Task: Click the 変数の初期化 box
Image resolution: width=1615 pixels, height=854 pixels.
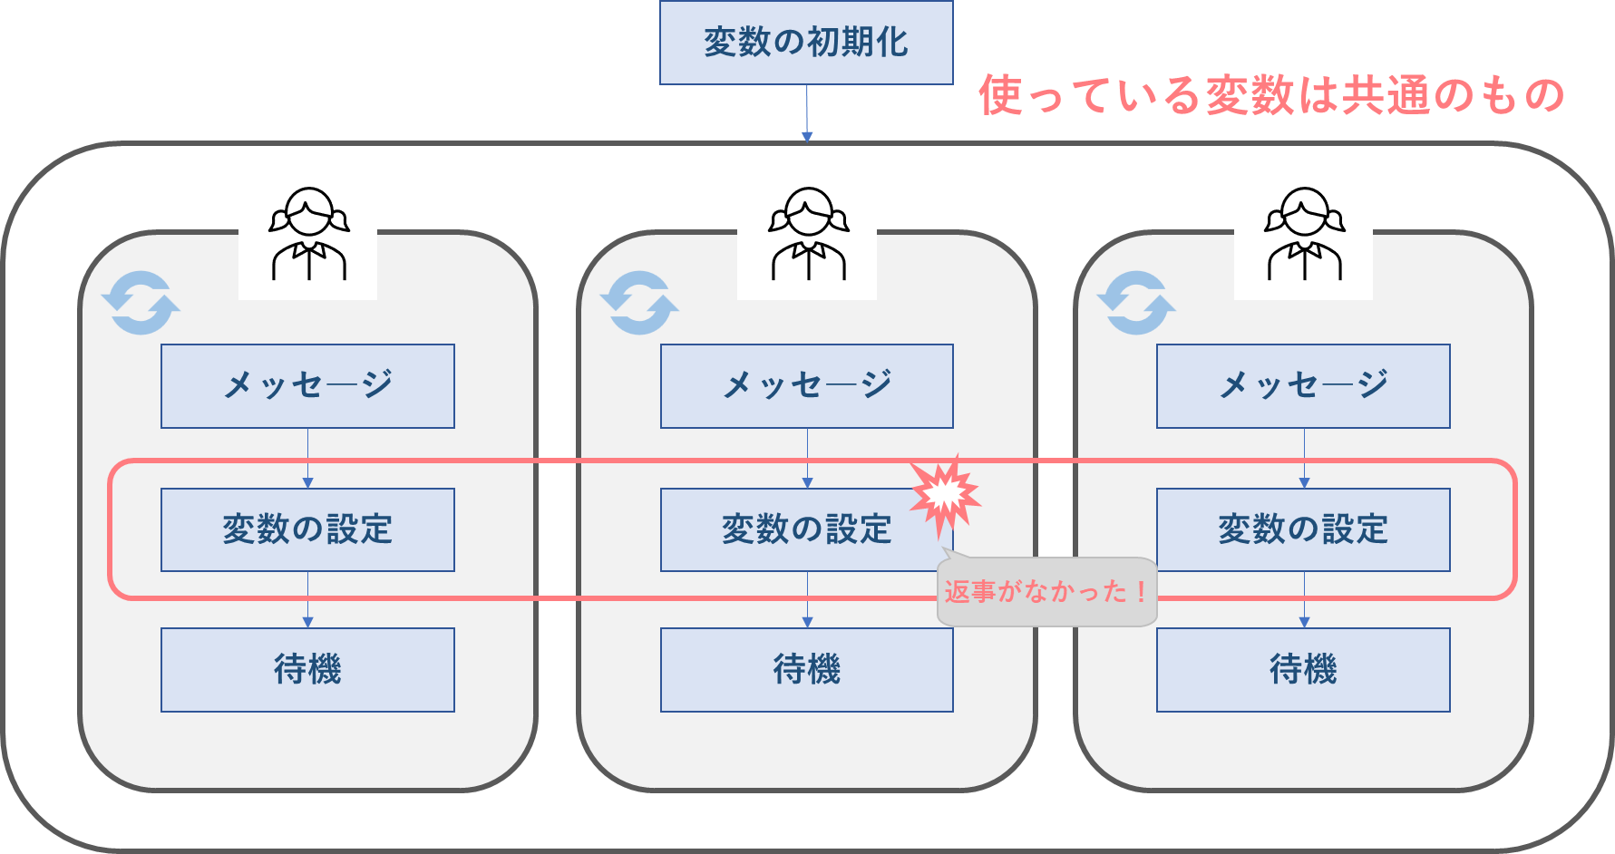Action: click(x=806, y=43)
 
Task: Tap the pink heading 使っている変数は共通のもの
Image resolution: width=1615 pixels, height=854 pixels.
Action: click(x=1270, y=95)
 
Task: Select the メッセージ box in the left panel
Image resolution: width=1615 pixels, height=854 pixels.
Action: click(x=307, y=386)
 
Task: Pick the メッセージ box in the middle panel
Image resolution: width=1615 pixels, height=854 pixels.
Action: click(x=806, y=386)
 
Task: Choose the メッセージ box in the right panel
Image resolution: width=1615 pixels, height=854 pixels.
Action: click(x=1303, y=386)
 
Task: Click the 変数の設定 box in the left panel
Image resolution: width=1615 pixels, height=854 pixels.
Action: click(x=307, y=529)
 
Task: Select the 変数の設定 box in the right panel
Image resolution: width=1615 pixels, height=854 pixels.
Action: click(x=1303, y=529)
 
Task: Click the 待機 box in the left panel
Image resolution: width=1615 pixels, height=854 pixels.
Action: click(x=307, y=670)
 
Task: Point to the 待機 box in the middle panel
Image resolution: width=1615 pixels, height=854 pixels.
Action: click(x=806, y=670)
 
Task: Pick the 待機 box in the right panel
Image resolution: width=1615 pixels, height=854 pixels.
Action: click(x=1303, y=670)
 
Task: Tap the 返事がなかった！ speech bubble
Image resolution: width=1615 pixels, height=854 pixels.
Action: click(x=1046, y=592)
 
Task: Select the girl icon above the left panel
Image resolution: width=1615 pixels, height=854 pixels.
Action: click(x=308, y=232)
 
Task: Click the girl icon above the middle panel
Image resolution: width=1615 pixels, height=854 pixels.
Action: click(x=807, y=232)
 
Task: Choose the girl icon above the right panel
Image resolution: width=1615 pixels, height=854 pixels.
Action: click(x=1303, y=232)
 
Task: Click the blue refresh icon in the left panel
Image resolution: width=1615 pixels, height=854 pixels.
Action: click(x=141, y=303)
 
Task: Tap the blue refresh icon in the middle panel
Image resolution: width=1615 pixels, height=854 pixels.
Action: click(x=639, y=303)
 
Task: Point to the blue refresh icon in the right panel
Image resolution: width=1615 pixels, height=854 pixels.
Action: click(x=1136, y=303)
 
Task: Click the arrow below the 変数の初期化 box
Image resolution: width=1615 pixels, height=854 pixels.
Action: click(x=806, y=113)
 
